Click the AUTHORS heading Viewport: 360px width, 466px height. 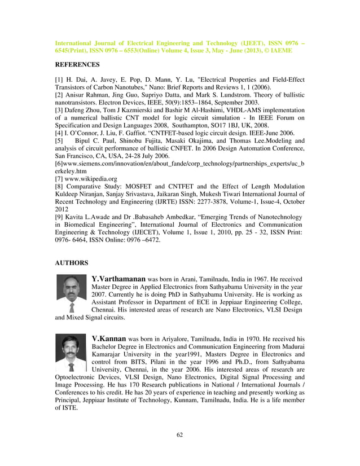click(71, 263)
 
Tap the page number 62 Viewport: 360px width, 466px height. click(180, 434)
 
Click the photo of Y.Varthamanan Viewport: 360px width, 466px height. click(71, 293)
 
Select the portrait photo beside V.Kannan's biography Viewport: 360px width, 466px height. click(71, 352)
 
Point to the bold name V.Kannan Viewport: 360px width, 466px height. click(109, 338)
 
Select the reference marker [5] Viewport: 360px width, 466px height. click(59, 140)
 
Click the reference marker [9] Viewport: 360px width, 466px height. click(59, 217)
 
